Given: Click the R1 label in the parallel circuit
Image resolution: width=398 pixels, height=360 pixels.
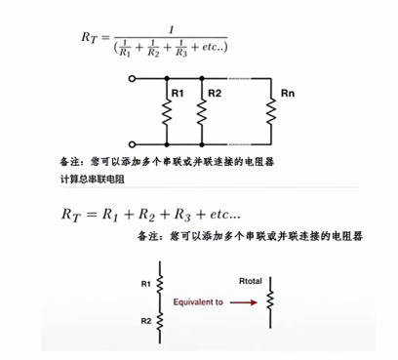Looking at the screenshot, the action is pyautogui.click(x=177, y=94).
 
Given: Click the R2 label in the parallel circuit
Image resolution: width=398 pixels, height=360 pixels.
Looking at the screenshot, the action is pyautogui.click(x=215, y=94).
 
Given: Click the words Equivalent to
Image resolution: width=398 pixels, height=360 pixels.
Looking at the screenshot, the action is pyautogui.click(x=198, y=302).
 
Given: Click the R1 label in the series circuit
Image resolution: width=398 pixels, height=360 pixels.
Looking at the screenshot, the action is pyautogui.click(x=145, y=284).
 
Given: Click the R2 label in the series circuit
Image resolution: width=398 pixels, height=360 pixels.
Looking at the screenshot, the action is pyautogui.click(x=145, y=320).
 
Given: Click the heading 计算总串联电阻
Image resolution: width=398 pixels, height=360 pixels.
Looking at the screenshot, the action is pyautogui.click(x=93, y=180).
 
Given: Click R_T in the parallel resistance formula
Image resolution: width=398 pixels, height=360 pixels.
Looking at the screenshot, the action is pyautogui.click(x=91, y=38).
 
